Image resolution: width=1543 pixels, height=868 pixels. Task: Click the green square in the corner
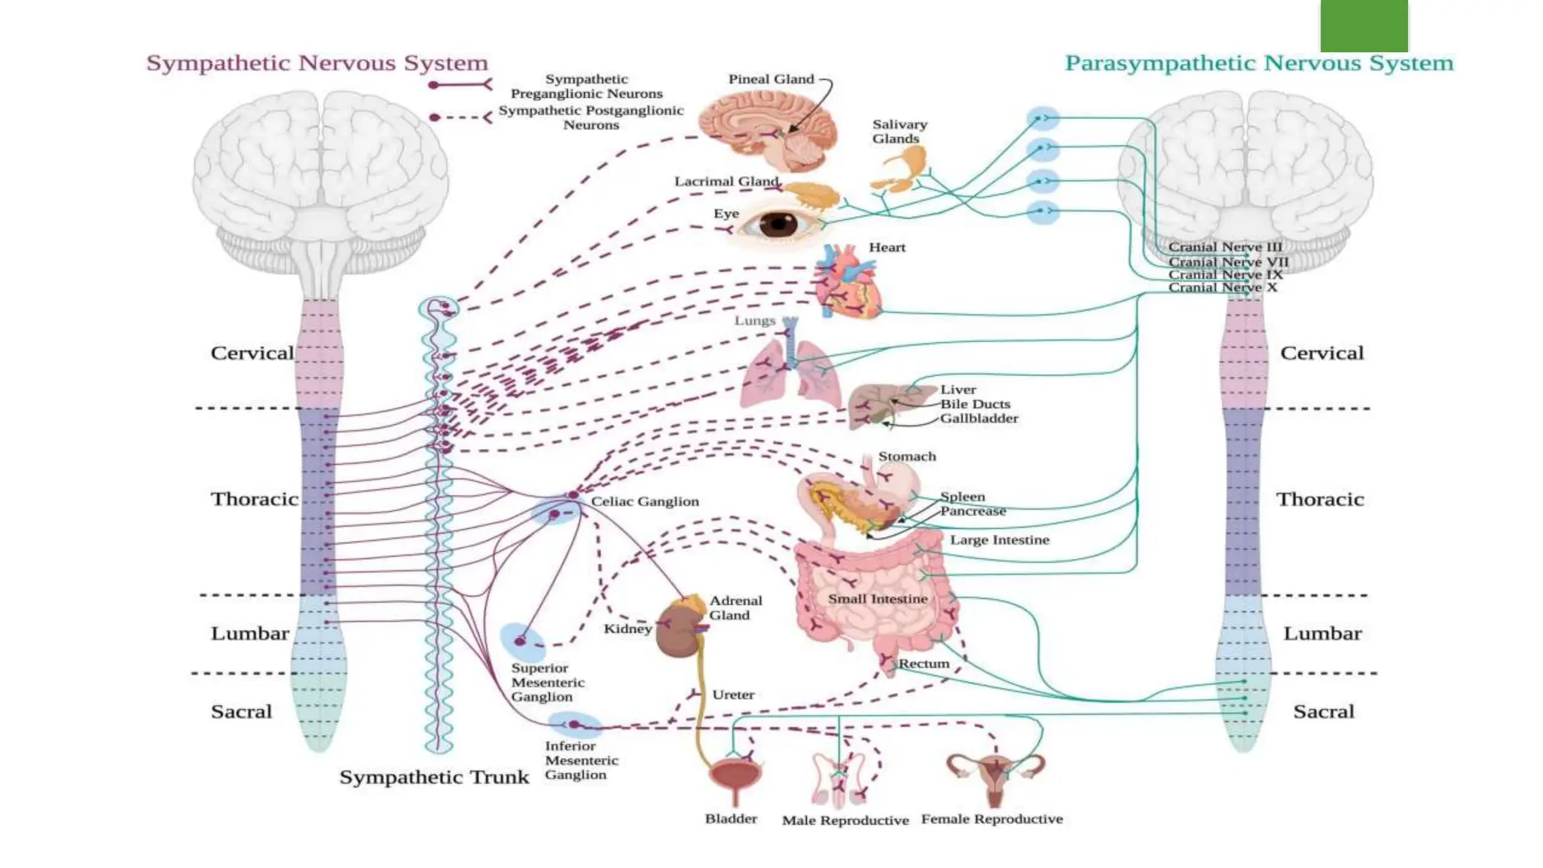[x=1364, y=26]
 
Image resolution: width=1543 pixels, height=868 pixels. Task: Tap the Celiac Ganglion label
[x=644, y=502]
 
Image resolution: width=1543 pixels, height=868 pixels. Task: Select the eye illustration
[x=778, y=224]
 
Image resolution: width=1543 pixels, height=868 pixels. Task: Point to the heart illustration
[x=848, y=283]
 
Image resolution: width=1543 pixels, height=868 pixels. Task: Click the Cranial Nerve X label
[x=1222, y=288]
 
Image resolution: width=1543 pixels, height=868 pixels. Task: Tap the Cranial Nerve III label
[x=1224, y=247]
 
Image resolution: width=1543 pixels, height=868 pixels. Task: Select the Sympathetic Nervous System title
[x=317, y=63]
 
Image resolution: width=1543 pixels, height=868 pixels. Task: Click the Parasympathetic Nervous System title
[x=1258, y=63]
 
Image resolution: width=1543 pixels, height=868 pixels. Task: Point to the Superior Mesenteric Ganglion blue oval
[x=522, y=640]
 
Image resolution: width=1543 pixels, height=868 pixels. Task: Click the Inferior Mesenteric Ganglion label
[x=581, y=760]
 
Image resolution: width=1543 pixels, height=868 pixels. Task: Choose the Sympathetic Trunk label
[x=434, y=778]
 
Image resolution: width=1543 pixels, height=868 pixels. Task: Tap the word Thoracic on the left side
[x=255, y=500]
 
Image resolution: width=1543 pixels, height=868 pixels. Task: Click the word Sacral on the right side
[x=1323, y=712]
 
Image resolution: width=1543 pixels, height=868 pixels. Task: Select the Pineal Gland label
[x=771, y=79]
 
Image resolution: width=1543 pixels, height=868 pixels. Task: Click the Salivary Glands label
[x=899, y=131]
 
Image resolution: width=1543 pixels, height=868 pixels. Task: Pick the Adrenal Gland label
[x=735, y=608]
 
